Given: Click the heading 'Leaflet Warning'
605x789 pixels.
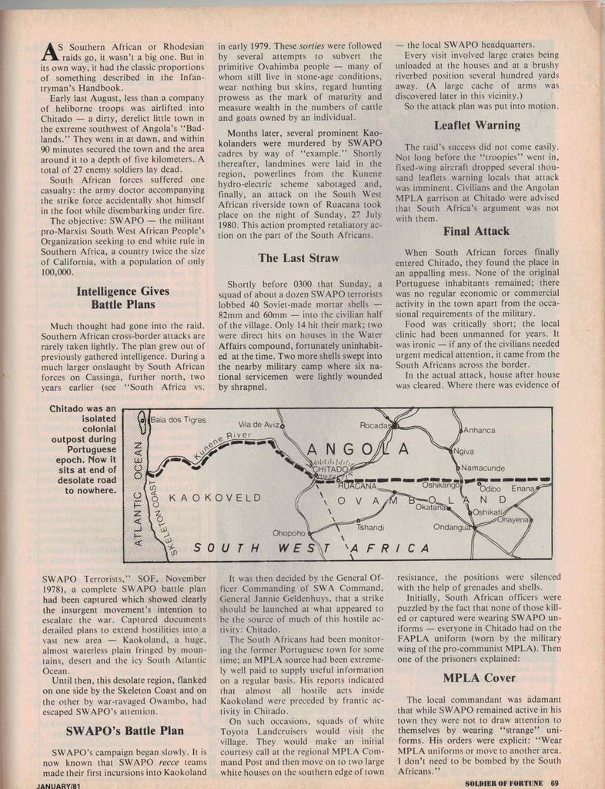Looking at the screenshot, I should coord(476,125).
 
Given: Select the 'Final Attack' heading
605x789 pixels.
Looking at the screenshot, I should coord(476,231).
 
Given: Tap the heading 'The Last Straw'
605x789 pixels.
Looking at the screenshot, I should coord(299,258).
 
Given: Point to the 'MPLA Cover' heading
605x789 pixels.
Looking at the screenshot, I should coord(479,678).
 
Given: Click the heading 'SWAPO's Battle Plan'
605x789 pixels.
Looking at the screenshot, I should coord(125,730).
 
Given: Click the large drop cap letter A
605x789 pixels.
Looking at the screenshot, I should coord(48,51).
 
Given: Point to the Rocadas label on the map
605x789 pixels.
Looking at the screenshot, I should coord(377,425).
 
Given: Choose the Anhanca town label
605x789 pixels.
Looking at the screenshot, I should coord(479,430).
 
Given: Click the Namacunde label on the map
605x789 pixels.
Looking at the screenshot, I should coord(483,468).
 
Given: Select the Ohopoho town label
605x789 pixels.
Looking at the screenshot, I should coord(289,532).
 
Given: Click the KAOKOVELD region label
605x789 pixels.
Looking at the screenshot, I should coord(215,498).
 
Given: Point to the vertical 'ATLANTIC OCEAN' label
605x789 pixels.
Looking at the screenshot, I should coord(139,492).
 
